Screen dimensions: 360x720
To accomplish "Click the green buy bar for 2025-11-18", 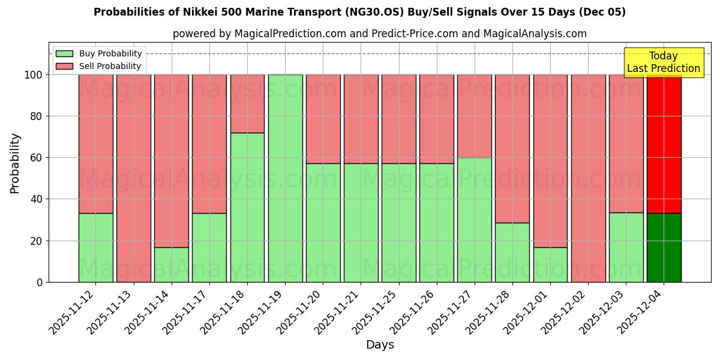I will point(247,207).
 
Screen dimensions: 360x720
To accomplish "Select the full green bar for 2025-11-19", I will point(285,178).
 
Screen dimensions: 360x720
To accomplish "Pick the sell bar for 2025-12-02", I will point(589,178).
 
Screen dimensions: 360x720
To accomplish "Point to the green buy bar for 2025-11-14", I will point(172,265).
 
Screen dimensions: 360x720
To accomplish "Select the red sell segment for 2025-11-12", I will point(96,144).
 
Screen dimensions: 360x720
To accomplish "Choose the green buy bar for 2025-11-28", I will point(512,252).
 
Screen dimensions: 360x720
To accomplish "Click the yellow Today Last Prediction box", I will point(664,62).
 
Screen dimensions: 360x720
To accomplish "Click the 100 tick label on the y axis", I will point(33,75).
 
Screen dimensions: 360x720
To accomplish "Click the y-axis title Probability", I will point(15,163).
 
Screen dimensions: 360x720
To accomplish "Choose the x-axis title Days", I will point(380,345).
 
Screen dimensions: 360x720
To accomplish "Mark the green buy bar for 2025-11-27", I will point(475,220).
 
